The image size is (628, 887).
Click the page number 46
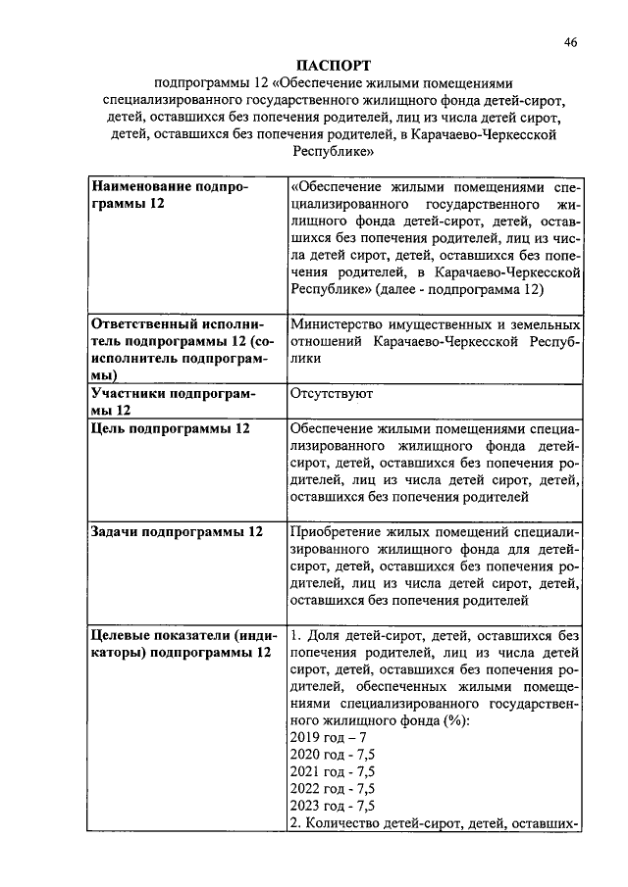572,42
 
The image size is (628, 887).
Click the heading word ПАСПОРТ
332,65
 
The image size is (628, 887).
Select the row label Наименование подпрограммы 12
170,194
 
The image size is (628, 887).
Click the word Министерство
343,324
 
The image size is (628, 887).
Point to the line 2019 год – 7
329,736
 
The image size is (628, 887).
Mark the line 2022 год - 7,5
333,789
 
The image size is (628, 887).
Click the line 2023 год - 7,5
333,807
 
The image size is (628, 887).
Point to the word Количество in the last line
357,824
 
